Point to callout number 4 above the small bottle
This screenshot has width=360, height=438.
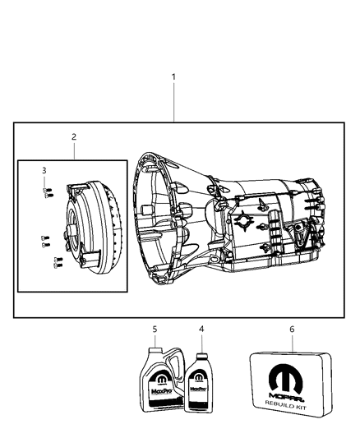click(200, 329)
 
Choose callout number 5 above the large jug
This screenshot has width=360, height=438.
click(155, 329)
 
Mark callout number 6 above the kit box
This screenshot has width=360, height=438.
click(293, 329)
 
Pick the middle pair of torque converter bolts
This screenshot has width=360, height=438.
click(44, 242)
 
